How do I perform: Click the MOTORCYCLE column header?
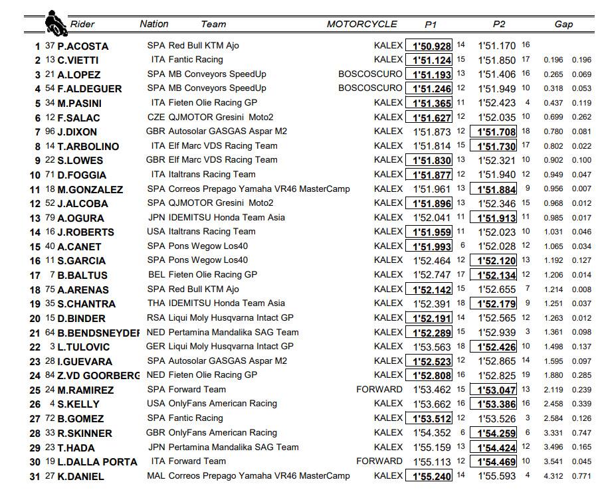pyautogui.click(x=361, y=25)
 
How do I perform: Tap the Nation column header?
pyautogui.click(x=154, y=24)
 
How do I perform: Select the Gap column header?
pyautogui.click(x=563, y=25)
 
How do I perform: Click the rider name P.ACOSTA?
pyautogui.click(x=82, y=46)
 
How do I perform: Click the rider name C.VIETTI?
pyautogui.click(x=79, y=60)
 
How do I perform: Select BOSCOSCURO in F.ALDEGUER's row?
pyautogui.click(x=370, y=88)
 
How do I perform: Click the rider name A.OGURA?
pyautogui.click(x=80, y=218)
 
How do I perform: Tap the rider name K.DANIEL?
pyautogui.click(x=80, y=476)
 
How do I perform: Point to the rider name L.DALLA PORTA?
pyautogui.click(x=97, y=461)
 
